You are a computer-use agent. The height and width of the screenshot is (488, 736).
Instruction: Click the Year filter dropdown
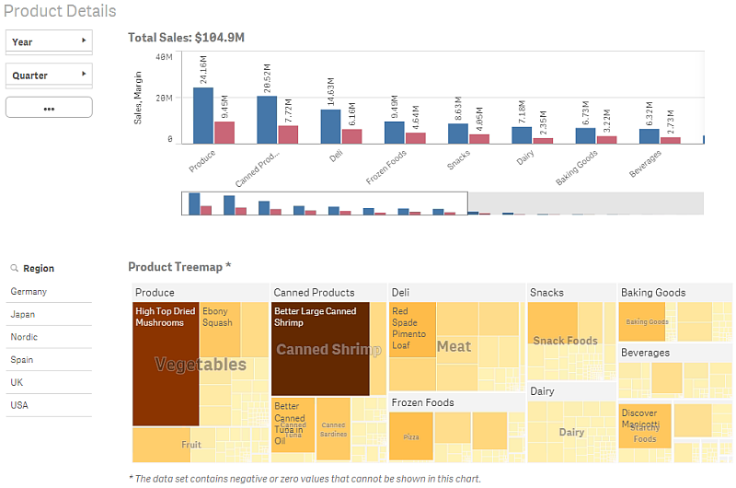(x=49, y=41)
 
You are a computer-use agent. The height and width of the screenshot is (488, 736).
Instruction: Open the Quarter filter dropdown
(x=49, y=75)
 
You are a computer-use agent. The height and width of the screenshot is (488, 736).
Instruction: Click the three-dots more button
(x=49, y=108)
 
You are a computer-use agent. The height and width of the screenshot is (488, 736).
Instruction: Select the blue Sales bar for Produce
(x=202, y=115)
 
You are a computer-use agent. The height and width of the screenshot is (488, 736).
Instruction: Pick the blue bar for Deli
(x=330, y=126)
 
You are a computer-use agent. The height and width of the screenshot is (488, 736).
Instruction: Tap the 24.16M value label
(x=203, y=70)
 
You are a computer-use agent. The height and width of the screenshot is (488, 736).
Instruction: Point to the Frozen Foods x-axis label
(x=386, y=168)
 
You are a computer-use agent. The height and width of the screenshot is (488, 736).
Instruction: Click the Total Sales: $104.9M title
(x=186, y=38)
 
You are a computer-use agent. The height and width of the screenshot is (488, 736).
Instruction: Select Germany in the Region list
(x=29, y=292)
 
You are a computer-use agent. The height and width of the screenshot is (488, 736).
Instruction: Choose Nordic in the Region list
(x=24, y=337)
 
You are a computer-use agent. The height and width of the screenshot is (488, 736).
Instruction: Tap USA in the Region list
(x=19, y=405)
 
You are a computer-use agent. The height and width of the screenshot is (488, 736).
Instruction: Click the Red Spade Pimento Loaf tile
(x=412, y=330)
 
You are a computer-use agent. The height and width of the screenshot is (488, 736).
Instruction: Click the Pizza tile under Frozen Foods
(x=410, y=436)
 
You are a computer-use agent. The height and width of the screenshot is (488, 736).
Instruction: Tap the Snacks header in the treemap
(x=547, y=293)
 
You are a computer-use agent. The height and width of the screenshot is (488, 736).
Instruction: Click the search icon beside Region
(x=15, y=269)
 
